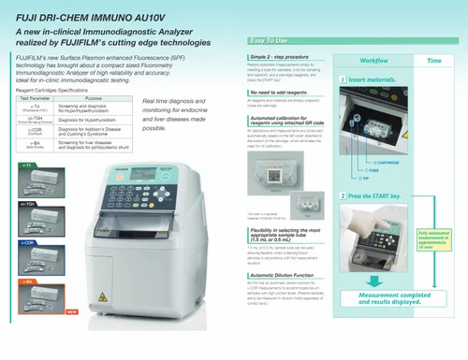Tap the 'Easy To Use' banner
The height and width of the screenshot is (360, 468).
[271, 41]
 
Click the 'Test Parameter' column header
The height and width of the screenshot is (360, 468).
[35, 97]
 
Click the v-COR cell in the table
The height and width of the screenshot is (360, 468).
[35, 132]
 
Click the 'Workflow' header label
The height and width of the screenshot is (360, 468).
[373, 60]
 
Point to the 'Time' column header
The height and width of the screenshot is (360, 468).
[434, 60]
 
